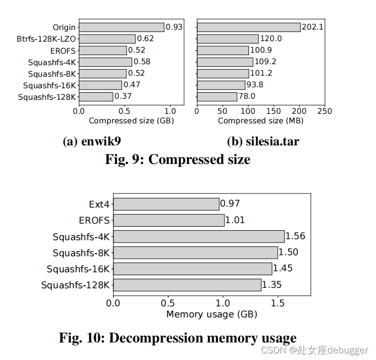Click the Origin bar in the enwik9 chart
click(121, 27)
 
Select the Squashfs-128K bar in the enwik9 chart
click(96, 97)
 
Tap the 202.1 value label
click(312, 27)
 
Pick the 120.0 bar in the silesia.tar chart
click(228, 39)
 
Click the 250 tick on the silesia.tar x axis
click(325, 111)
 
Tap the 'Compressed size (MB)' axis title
click(261, 121)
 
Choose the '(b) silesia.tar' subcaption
click(263, 142)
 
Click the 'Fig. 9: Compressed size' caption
click(177, 159)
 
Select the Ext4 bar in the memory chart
click(166, 204)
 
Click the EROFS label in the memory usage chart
click(94, 220)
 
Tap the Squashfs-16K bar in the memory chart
click(193, 269)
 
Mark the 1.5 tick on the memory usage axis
click(278, 303)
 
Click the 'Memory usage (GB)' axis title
click(211, 314)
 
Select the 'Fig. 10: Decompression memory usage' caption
click(178, 338)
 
